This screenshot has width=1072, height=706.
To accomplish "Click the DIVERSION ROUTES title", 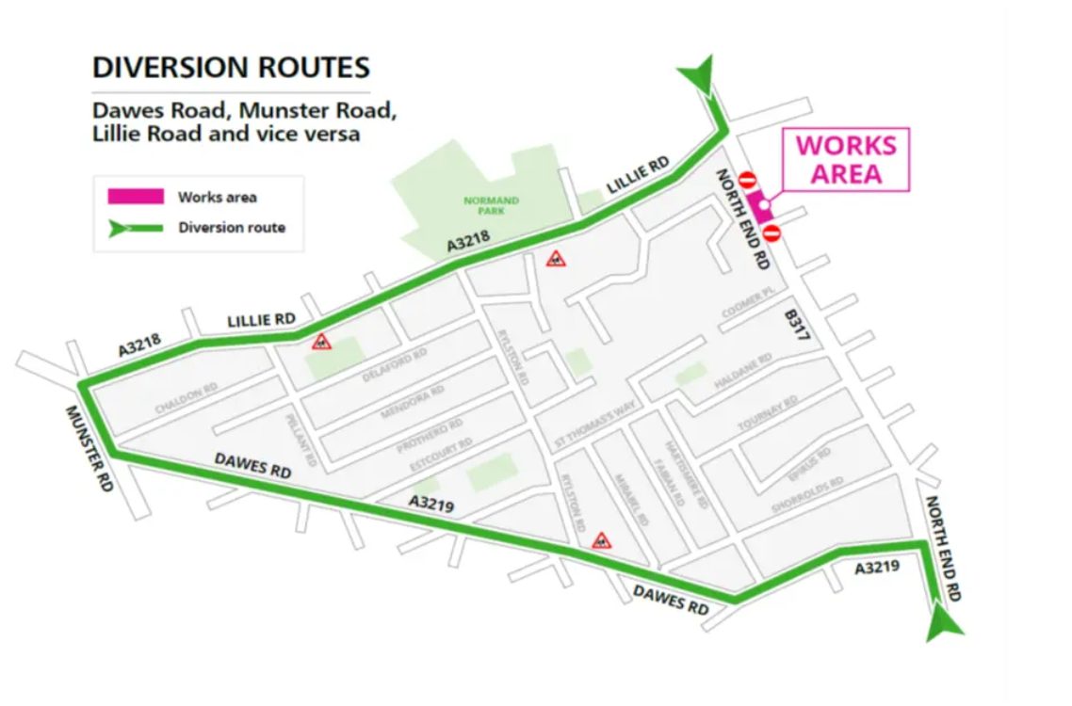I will click(231, 69).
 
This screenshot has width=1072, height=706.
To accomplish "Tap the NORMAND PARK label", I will click(492, 205).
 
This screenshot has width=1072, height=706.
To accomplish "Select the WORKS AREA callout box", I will click(846, 160).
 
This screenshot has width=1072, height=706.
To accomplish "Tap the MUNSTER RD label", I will click(89, 448).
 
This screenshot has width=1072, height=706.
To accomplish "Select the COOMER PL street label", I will click(747, 304).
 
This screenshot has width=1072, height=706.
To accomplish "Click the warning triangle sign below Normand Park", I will click(557, 259).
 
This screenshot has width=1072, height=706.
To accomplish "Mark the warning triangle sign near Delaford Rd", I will click(322, 342).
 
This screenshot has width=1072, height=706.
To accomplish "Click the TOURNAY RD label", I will click(768, 413).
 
